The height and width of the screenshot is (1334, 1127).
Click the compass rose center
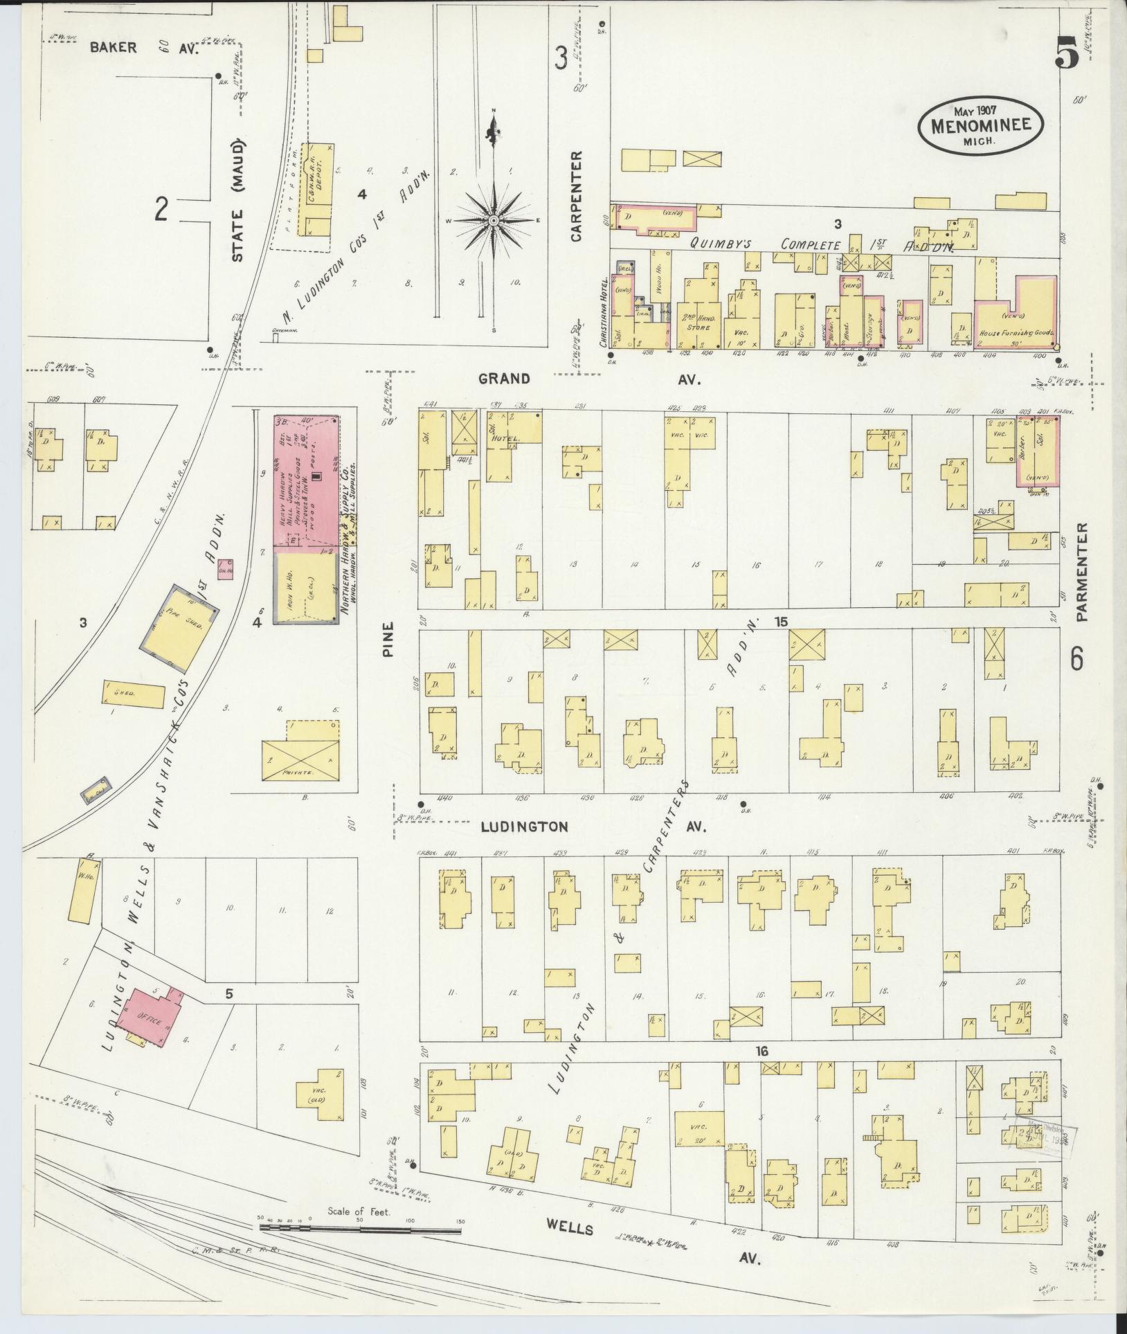pos(494,220)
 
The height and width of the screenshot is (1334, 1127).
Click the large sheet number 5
pos(1067,53)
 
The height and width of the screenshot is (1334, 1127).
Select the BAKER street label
pos(114,48)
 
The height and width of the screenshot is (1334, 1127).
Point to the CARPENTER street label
pos(577,197)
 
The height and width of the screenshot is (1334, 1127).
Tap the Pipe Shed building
pos(180,626)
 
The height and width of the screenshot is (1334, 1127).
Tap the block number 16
pos(762,1070)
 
